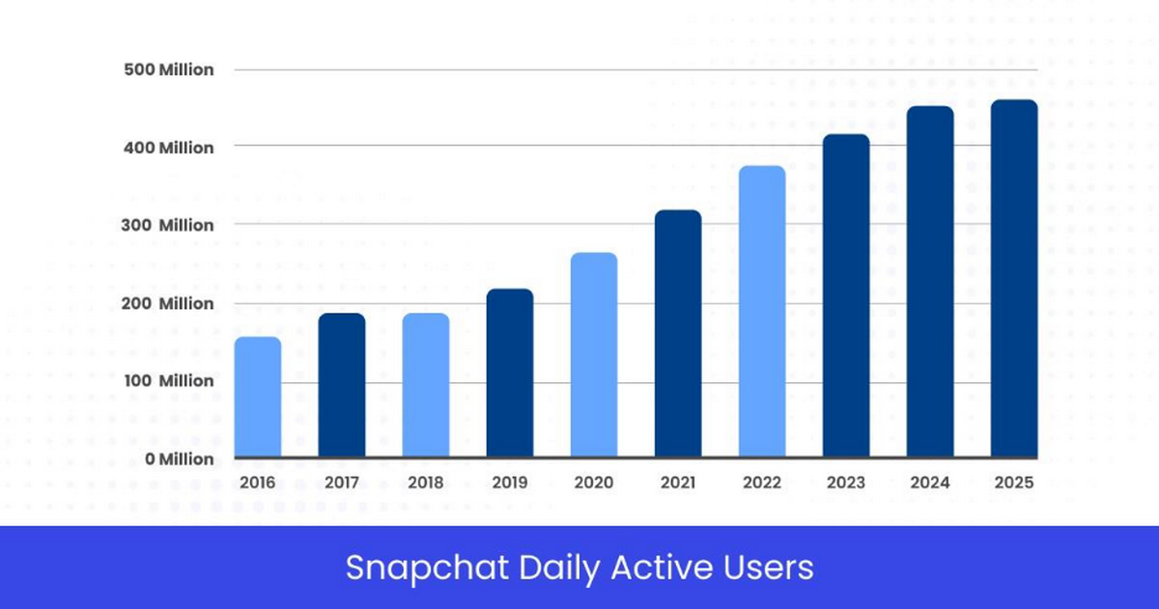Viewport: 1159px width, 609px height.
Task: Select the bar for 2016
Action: (258, 398)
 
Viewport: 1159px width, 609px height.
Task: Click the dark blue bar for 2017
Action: (342, 385)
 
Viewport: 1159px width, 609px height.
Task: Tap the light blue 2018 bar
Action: (426, 385)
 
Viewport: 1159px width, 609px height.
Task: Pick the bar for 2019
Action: (510, 374)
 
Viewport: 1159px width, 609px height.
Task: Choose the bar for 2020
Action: (594, 355)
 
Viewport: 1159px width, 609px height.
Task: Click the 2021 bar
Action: (678, 334)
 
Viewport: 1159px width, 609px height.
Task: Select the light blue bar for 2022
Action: (762, 312)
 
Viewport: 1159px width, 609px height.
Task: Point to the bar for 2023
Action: (846, 296)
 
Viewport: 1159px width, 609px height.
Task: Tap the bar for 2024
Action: (930, 282)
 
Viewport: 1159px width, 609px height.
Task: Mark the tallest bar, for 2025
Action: (1014, 279)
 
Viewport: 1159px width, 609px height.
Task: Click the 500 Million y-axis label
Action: (168, 70)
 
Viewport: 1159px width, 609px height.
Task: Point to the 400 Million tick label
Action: (168, 148)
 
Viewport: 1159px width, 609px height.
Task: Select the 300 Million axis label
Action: (168, 225)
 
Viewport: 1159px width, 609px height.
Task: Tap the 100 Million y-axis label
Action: (168, 381)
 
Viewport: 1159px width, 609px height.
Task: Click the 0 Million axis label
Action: (180, 459)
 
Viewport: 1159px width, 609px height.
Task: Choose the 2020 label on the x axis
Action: (593, 483)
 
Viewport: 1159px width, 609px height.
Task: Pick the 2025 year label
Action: (1013, 483)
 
